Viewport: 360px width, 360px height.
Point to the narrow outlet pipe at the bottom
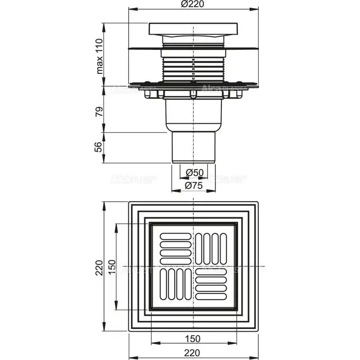pyautogui.click(x=193, y=146)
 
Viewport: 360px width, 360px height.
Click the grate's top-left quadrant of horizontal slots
pyautogui.click(x=175, y=247)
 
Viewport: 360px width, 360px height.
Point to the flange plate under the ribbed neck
pyautogui.click(x=193, y=84)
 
